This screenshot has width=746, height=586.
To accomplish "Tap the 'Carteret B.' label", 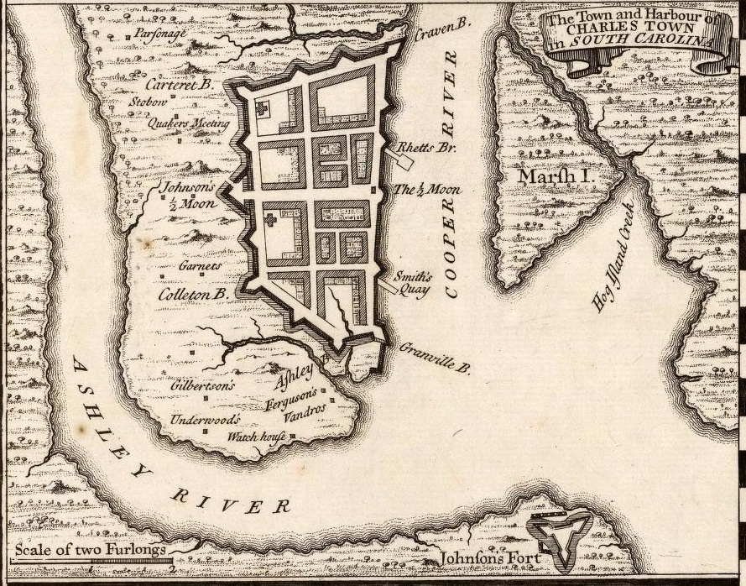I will [x=180, y=85].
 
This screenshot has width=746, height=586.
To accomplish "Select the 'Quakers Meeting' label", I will [x=188, y=123].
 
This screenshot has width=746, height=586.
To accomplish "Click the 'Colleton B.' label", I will [x=193, y=295].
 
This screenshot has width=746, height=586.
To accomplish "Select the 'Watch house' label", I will [x=258, y=437].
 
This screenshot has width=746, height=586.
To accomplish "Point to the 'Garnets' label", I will [x=200, y=266].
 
